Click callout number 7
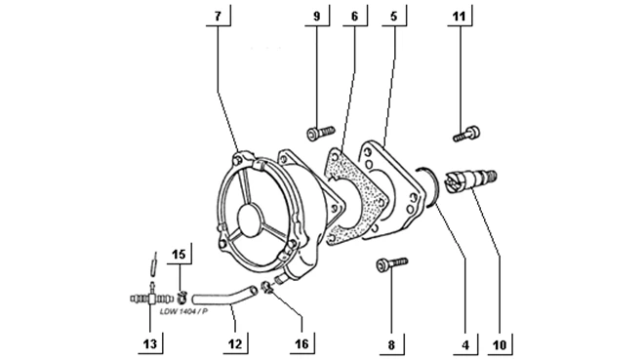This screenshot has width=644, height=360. (219, 16)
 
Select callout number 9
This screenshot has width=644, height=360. (317, 16)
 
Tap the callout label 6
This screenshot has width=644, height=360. (354, 16)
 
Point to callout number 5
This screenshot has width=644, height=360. (394, 16)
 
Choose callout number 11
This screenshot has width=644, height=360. (459, 16)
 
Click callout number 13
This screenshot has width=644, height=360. (150, 343)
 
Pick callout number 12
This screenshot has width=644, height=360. (235, 343)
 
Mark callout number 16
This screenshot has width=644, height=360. (302, 343)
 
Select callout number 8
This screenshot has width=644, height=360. (391, 344)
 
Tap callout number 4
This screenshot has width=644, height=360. (465, 345)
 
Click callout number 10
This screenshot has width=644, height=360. (500, 345)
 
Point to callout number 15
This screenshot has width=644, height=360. (179, 255)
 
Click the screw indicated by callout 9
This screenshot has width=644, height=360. (321, 132)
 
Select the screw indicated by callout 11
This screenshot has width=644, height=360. (466, 134)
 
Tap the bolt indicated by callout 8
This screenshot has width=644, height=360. (392, 264)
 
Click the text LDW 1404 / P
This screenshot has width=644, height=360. (183, 311)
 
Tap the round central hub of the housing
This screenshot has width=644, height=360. (250, 220)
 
